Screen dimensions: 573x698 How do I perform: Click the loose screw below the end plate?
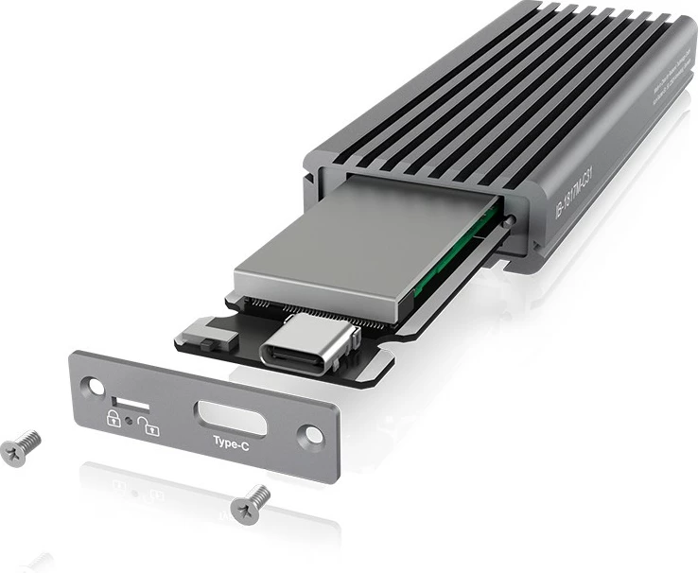251,500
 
